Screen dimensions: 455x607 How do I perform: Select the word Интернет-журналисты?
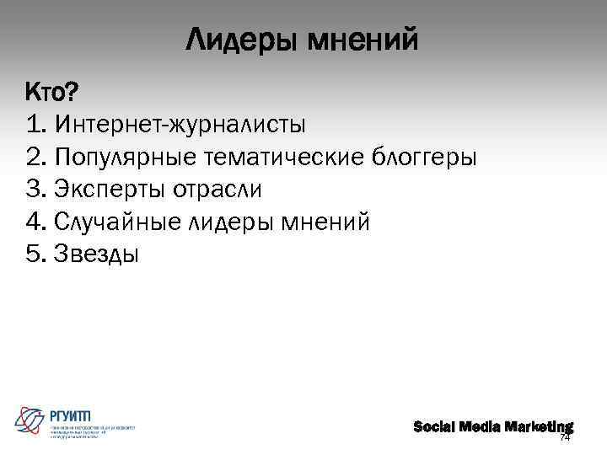[x=180, y=125]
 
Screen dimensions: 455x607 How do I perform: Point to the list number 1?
[x=35, y=125]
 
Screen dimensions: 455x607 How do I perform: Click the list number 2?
[x=35, y=157]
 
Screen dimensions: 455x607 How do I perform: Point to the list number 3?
[x=35, y=190]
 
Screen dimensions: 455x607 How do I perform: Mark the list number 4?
[x=35, y=222]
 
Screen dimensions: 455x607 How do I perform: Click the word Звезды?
[x=95, y=254]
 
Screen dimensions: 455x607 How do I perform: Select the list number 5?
[x=35, y=254]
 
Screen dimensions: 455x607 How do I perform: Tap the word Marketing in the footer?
[x=540, y=426]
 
